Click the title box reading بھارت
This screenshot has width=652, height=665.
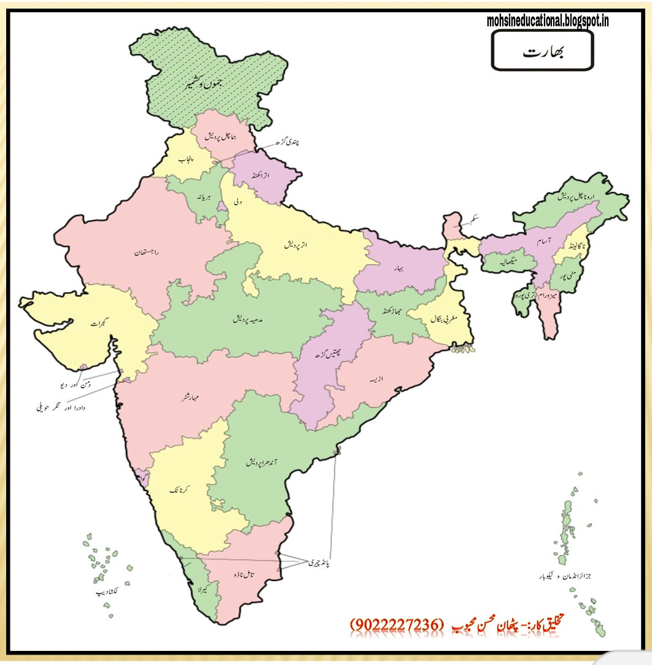point(542,51)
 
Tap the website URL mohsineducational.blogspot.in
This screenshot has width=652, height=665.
point(548,21)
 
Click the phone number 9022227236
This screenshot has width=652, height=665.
point(396,624)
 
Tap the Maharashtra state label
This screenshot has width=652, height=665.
point(195,396)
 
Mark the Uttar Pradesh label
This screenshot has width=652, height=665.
point(295,244)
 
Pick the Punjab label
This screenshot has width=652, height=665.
point(185,160)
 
